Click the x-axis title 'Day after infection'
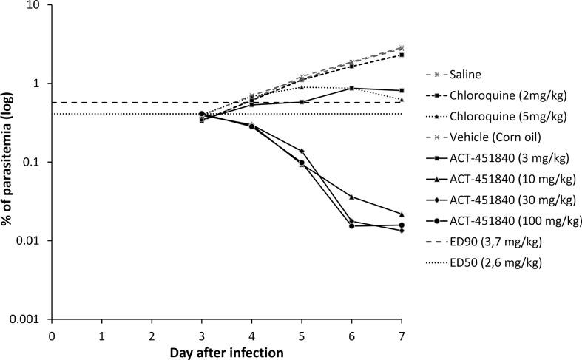[226, 352]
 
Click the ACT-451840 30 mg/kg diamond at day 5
[302, 151]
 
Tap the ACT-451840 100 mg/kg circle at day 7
[402, 225]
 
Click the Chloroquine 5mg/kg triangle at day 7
[402, 99]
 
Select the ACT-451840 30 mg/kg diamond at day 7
[402, 231]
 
